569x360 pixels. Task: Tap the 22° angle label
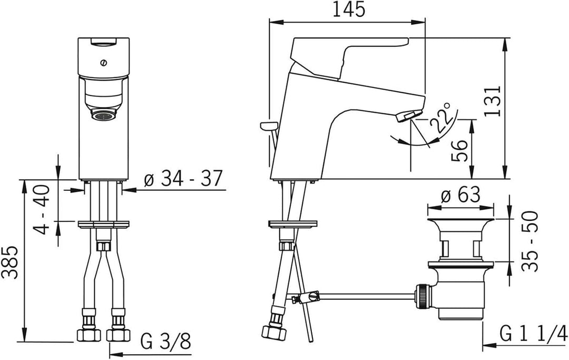(440, 119)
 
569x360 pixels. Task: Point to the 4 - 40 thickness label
(44, 208)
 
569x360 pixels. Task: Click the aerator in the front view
(103, 114)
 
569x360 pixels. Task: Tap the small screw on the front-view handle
(103, 63)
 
